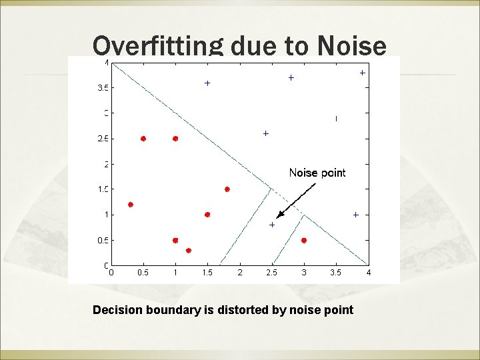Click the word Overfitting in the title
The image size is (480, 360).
point(157,46)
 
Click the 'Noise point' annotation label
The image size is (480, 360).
point(317,173)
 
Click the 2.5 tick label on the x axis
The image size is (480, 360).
point(271,272)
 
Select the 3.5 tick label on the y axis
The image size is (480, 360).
point(102,87)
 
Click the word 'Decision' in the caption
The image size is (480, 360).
point(118,309)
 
